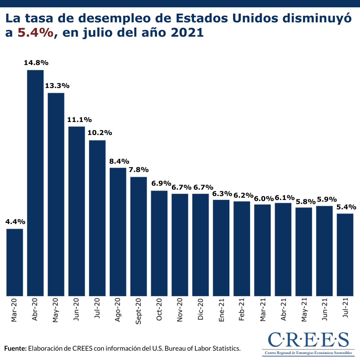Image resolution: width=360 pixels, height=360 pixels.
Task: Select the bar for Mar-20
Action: click(x=15, y=262)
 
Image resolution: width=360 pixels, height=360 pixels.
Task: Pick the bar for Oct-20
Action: click(x=159, y=243)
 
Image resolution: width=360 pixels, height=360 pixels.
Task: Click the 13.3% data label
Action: click(x=57, y=86)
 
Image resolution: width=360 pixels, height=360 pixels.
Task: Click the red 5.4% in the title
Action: click(x=36, y=33)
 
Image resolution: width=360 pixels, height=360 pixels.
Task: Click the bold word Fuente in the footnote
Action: click(x=15, y=349)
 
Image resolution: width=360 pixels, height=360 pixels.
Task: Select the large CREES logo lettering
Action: click(x=308, y=339)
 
